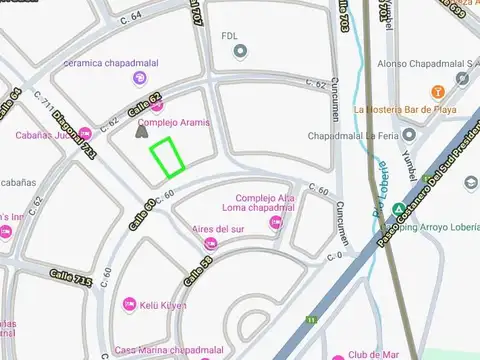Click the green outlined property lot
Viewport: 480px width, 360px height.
point(167,157)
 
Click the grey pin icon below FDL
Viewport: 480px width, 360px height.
point(239,51)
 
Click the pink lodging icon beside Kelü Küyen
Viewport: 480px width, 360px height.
point(129,303)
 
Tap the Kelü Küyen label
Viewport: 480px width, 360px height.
point(162,304)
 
